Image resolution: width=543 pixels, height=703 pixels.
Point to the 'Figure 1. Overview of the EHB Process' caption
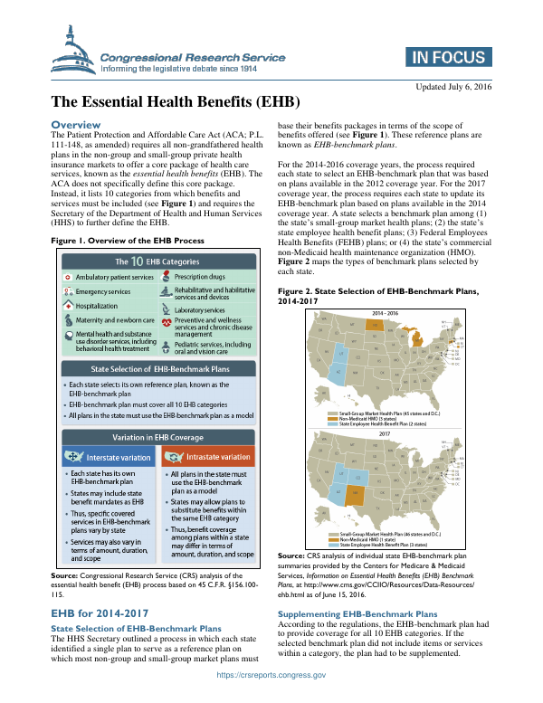click(x=127, y=240)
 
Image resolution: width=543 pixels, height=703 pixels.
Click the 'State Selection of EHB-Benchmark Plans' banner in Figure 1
click(x=157, y=345)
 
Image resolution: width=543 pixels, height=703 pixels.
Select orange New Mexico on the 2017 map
click(x=353, y=494)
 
